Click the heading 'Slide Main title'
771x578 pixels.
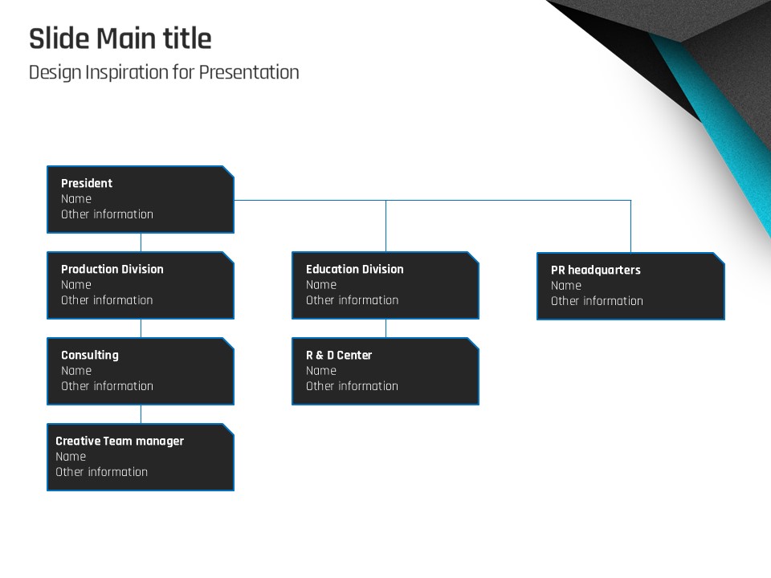(x=120, y=39)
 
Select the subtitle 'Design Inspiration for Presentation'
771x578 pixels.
(x=164, y=72)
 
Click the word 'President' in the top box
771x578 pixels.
(x=87, y=183)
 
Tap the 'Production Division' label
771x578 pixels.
(x=112, y=270)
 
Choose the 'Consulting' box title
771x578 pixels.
(x=89, y=356)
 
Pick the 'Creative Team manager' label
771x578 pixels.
(x=120, y=442)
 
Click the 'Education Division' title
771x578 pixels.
(x=354, y=270)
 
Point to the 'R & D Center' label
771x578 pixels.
(x=339, y=356)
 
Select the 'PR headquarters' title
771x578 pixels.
(x=595, y=271)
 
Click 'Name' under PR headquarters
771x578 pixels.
(x=566, y=286)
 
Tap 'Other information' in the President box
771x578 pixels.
(x=107, y=214)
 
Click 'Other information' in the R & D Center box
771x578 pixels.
(x=352, y=386)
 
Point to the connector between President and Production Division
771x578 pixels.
(x=141, y=242)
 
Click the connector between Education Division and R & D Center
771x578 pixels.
(x=386, y=328)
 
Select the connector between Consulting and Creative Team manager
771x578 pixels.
(x=141, y=414)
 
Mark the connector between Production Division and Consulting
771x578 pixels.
(x=141, y=328)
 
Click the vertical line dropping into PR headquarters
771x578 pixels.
(x=631, y=226)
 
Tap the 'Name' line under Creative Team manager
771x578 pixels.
(x=71, y=457)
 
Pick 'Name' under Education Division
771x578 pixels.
(x=321, y=284)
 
